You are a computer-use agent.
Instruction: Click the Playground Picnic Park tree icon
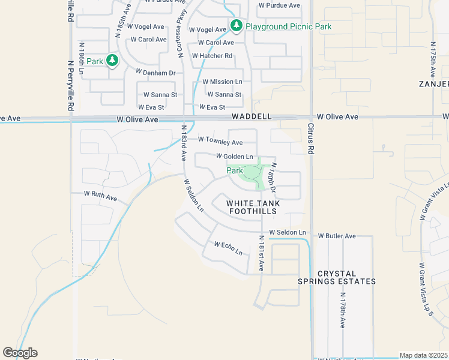click(237, 26)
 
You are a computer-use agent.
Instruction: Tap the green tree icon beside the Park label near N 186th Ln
click(112, 60)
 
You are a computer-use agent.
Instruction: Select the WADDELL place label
click(252, 116)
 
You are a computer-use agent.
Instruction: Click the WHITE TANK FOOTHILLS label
click(261, 207)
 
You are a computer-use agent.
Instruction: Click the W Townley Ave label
click(220, 142)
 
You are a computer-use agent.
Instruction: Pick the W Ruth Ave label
click(100, 195)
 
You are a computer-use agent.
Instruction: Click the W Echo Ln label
click(229, 248)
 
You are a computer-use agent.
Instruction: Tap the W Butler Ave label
click(337, 236)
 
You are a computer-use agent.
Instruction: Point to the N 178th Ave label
click(342, 310)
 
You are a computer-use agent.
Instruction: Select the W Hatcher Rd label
click(212, 56)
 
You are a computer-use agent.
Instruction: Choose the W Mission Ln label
click(222, 82)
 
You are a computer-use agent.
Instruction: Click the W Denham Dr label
click(155, 73)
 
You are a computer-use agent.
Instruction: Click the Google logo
click(20, 353)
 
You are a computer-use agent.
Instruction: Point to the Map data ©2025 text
click(423, 355)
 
